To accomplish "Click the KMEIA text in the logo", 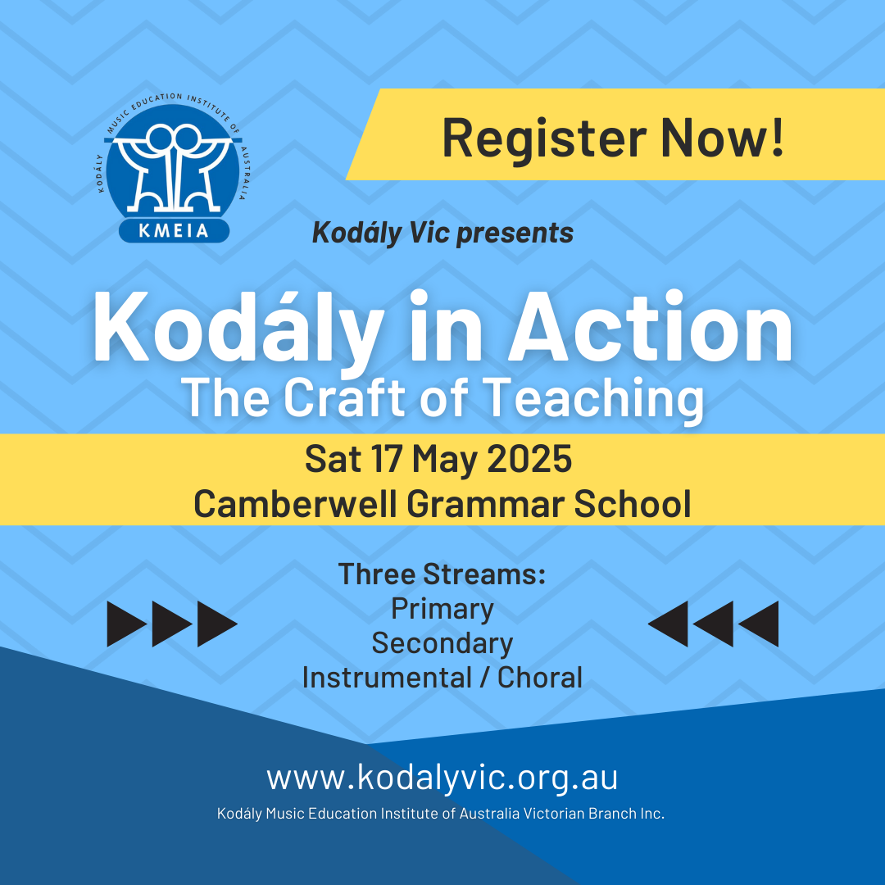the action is click(x=174, y=230).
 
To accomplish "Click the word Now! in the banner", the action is click(x=723, y=137).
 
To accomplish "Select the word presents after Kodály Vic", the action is click(x=515, y=234).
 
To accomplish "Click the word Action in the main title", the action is click(x=651, y=327).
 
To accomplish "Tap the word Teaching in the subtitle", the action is click(x=594, y=400).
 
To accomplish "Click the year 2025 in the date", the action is click(x=529, y=459).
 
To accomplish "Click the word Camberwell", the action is click(x=295, y=503).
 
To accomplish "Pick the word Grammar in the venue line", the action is click(x=485, y=504).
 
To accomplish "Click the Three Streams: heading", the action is click(x=442, y=574).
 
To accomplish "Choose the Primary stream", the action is click(x=442, y=610).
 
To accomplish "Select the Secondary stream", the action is click(x=442, y=643).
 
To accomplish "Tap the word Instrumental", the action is click(x=387, y=678).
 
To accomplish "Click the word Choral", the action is click(x=539, y=678).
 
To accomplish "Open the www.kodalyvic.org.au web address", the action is click(x=442, y=778).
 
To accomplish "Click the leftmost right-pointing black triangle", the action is click(x=127, y=624).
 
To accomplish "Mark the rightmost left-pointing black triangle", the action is click(x=759, y=624).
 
